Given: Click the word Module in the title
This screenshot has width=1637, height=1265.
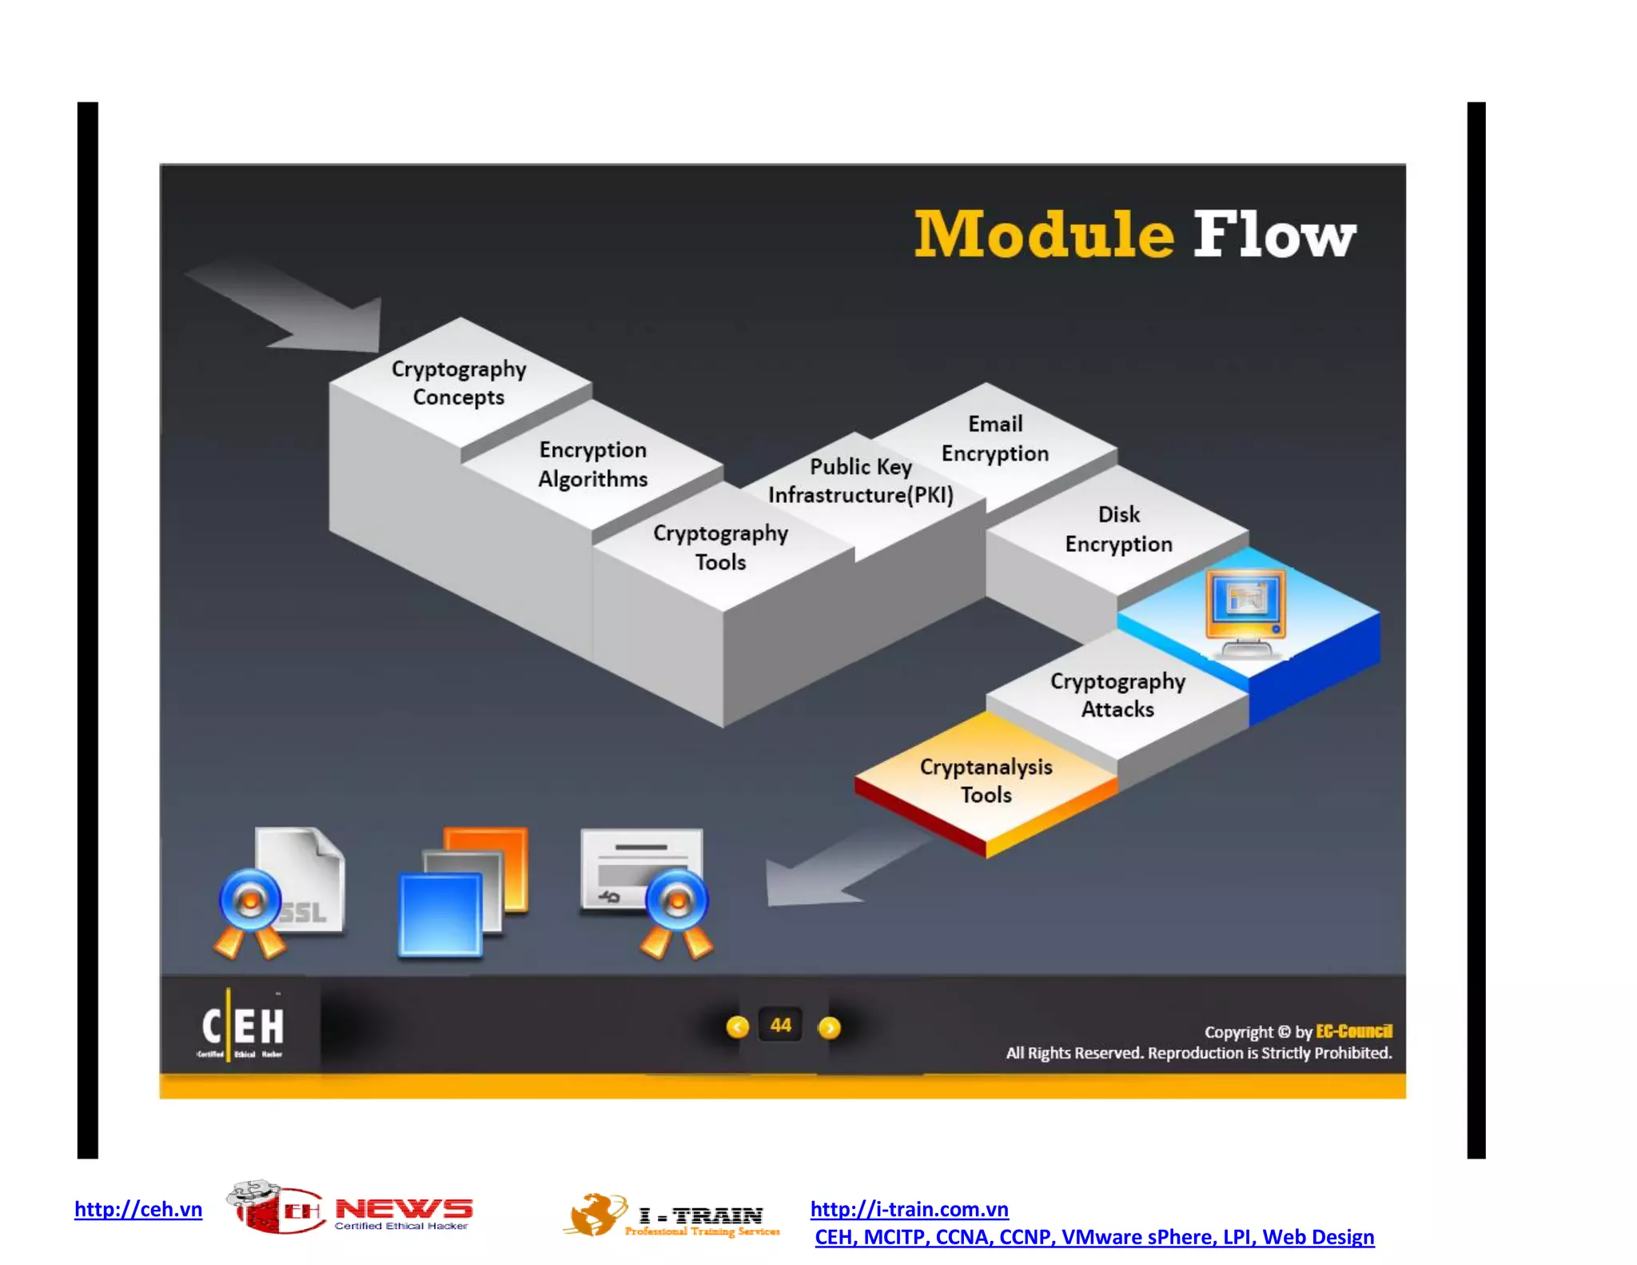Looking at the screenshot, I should [x=1043, y=234].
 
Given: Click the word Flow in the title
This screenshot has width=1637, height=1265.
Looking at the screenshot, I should [x=1274, y=234].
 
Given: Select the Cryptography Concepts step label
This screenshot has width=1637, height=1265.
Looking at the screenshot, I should [x=459, y=382].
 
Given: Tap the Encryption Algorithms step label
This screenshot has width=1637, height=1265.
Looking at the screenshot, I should [x=592, y=464].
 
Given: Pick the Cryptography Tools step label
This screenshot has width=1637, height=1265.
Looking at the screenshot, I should [x=720, y=547].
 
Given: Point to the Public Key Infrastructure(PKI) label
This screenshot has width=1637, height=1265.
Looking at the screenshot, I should [x=861, y=481].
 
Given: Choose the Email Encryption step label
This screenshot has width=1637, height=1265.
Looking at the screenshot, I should [x=994, y=438].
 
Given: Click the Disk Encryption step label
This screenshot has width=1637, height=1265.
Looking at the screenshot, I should [x=1118, y=529].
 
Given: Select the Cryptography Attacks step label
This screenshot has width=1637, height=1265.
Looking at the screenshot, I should [x=1117, y=694].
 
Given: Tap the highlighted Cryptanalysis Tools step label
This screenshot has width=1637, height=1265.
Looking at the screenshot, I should [x=986, y=780].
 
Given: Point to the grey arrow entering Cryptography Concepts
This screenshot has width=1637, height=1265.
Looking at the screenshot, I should [x=296, y=308].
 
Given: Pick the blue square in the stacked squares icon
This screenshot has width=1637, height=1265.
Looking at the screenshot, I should [x=440, y=914].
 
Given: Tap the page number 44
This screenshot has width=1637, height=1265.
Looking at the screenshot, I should [x=781, y=1025].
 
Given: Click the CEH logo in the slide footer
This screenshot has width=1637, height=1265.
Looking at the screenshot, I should [x=241, y=1026].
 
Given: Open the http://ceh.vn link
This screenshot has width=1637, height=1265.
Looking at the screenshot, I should [x=138, y=1208].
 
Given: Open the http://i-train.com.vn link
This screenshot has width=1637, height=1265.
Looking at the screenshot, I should [x=909, y=1208].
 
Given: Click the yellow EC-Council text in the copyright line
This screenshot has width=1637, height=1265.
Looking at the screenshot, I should [x=1353, y=1031].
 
